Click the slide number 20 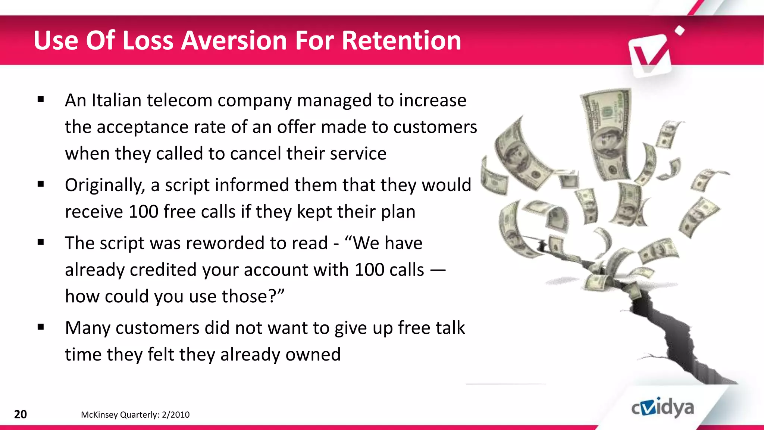tap(20, 414)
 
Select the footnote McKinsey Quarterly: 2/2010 tap(135, 415)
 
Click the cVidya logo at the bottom tap(663, 408)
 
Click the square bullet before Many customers tap(41, 327)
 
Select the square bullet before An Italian tap(41, 100)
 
